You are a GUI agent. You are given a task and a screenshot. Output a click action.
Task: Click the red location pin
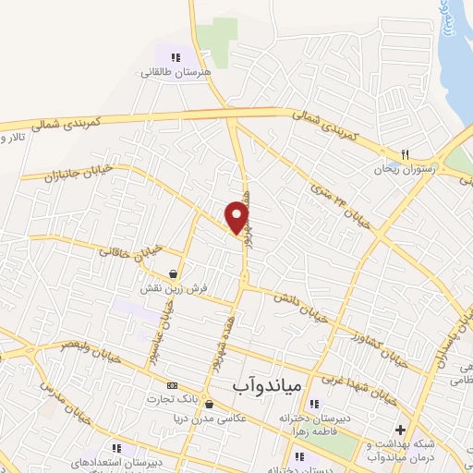pyautogui.click(x=237, y=218)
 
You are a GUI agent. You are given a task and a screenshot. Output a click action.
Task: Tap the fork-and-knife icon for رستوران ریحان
pyautogui.click(x=405, y=154)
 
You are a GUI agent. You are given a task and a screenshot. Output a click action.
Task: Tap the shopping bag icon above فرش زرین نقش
pyautogui.click(x=174, y=273)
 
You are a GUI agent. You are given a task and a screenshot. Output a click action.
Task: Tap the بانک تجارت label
pyautogui.click(x=171, y=400)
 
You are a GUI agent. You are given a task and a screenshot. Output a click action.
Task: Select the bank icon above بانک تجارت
pyautogui.click(x=171, y=385)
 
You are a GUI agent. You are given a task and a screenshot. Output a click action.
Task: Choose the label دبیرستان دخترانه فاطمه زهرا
pyautogui.click(x=315, y=423)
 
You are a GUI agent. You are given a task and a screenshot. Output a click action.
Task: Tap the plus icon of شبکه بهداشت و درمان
pyautogui.click(x=399, y=430)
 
